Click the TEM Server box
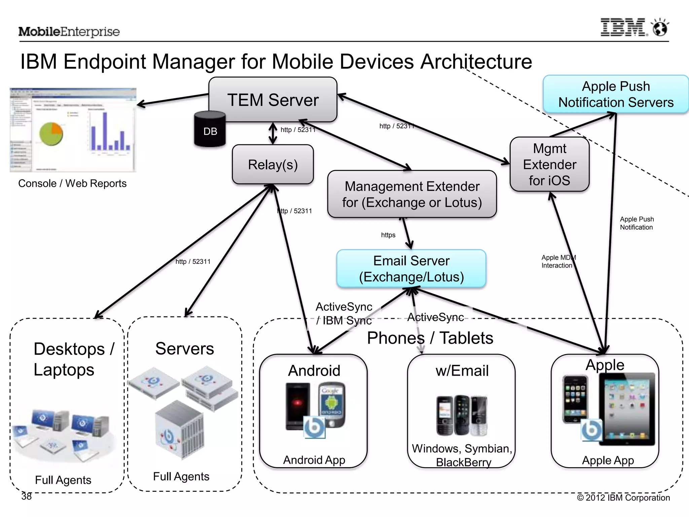273,100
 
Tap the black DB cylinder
210,130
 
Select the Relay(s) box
273,165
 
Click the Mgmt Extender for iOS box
549,164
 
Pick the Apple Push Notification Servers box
616,94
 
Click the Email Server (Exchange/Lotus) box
411,269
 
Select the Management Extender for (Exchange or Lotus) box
412,194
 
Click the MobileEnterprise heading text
69,32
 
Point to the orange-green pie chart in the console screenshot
51,134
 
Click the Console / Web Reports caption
72,183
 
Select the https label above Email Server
388,235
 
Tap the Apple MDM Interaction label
558,262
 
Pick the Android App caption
314,460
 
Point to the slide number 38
27,496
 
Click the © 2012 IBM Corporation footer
623,497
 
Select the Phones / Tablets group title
430,338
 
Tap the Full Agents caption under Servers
181,476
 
